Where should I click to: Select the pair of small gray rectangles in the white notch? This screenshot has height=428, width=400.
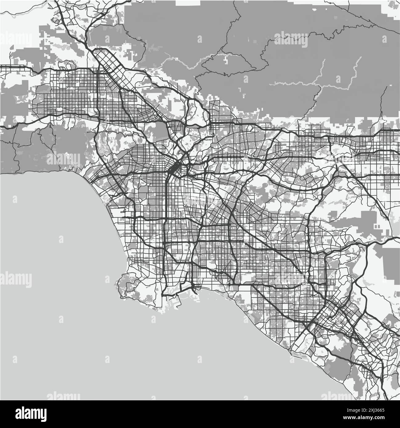click(x=378, y=226)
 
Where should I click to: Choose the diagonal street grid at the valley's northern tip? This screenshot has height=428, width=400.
click(x=108, y=65)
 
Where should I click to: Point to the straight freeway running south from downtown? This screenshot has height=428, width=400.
click(x=166, y=216)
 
